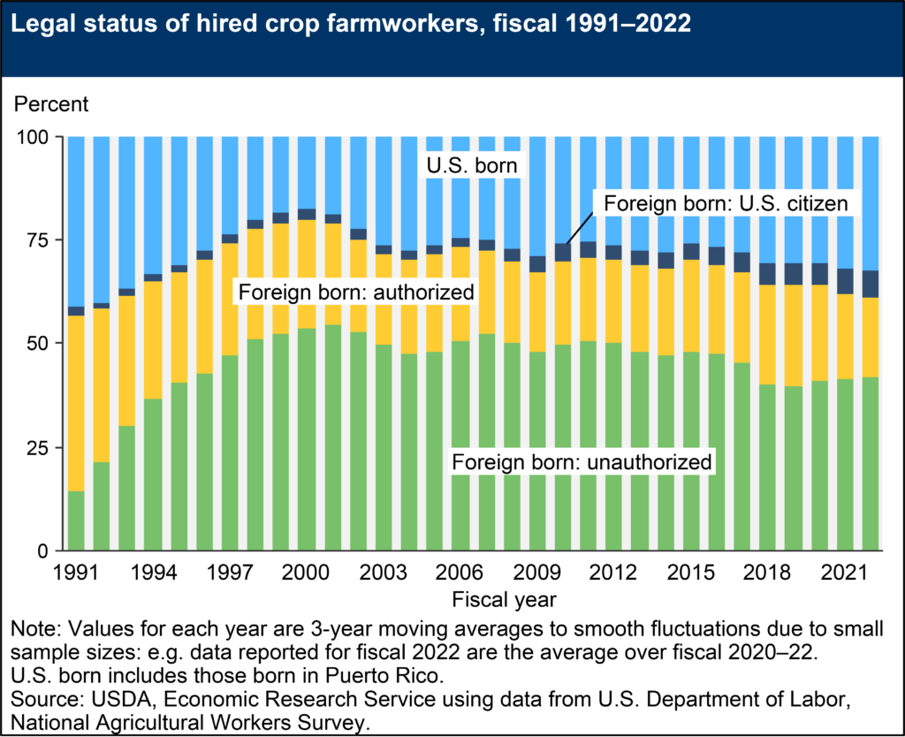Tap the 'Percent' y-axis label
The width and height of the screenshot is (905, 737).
[x=50, y=104]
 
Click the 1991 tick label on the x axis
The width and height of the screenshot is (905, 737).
[x=76, y=572]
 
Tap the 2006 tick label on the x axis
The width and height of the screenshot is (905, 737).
[x=460, y=572]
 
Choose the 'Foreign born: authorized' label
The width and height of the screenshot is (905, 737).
[x=354, y=292]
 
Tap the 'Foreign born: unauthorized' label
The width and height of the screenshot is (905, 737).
[x=582, y=461]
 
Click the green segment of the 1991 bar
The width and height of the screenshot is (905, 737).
[x=76, y=521]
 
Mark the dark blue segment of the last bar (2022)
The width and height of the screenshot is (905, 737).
[x=871, y=284]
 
